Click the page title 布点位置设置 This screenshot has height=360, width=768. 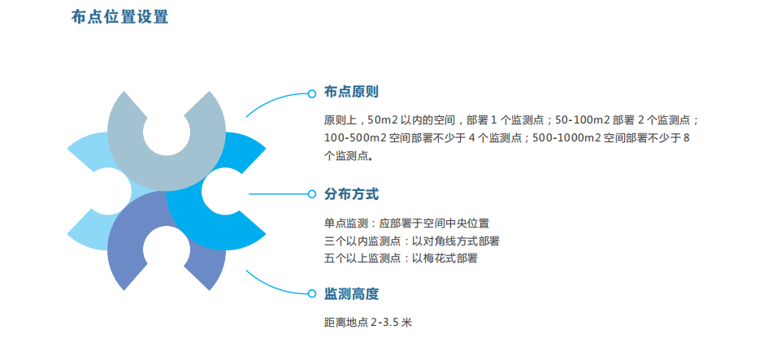[120, 16]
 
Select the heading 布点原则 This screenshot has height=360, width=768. [351, 92]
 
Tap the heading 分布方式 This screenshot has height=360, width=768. [351, 194]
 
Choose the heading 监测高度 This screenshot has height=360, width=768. [351, 294]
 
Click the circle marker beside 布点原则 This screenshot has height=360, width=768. [312, 93]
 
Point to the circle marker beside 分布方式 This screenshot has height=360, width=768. [312, 194]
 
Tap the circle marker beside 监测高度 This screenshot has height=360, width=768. [312, 293]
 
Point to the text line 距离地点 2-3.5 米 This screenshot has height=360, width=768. [368, 323]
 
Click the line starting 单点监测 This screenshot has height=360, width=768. [406, 223]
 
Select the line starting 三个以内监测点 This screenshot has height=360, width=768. [411, 241]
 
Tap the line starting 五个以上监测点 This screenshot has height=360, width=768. [401, 258]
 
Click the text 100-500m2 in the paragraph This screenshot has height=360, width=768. [354, 138]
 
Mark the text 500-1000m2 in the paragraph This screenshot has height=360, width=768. [566, 138]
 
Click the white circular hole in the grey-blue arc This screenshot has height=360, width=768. [167, 132]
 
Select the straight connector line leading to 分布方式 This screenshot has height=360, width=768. [278, 194]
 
